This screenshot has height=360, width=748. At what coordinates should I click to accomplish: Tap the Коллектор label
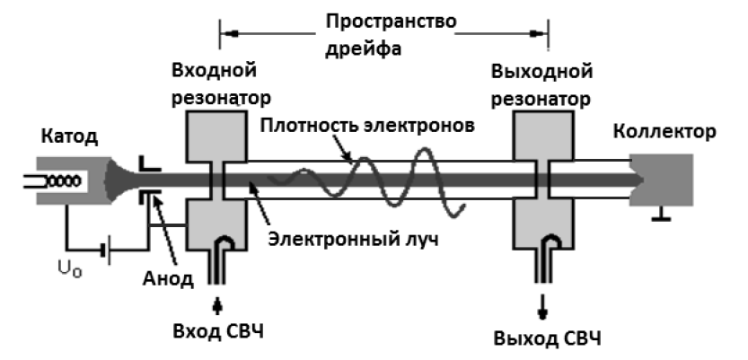click(x=664, y=133)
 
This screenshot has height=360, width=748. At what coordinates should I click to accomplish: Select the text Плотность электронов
click(x=361, y=126)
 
